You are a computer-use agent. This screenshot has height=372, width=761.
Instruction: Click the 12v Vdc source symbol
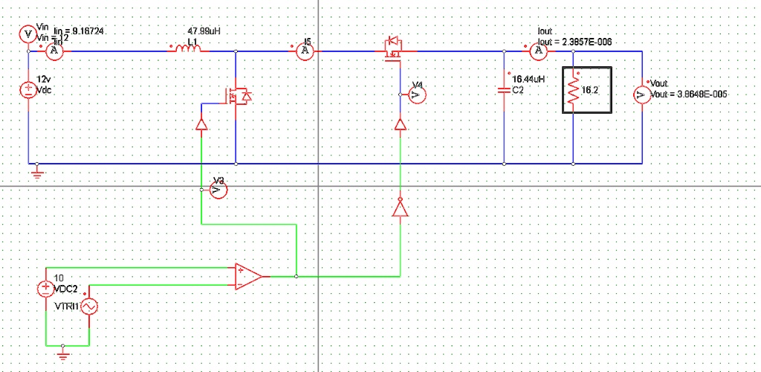pos(28,89)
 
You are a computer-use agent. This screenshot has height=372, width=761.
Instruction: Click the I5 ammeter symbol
pos(304,51)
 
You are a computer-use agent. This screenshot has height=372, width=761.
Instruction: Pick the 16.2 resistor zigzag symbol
pos(573,91)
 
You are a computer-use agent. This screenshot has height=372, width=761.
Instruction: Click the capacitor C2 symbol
pos(504,90)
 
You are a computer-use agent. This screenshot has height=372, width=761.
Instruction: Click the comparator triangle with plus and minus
pos(247,276)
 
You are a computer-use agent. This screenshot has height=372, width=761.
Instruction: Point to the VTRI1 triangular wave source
pos(89,306)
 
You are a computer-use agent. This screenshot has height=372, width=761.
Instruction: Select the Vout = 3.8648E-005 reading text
pos(688,95)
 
